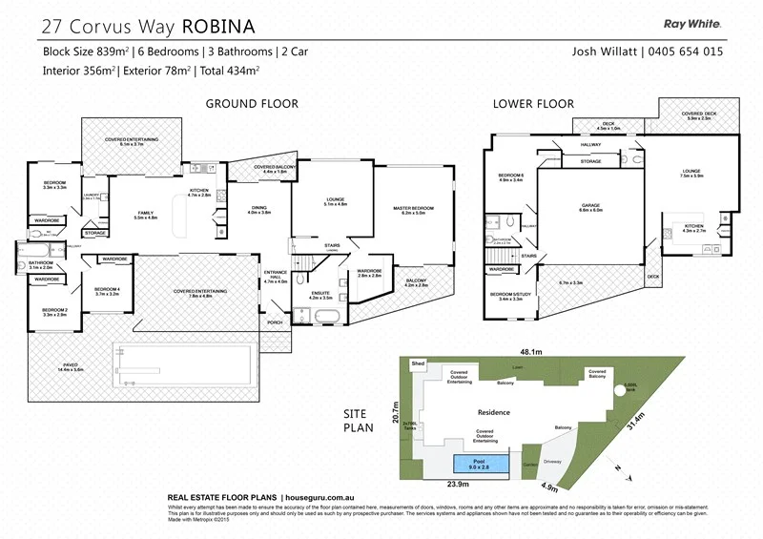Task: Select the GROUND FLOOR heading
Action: click(252, 104)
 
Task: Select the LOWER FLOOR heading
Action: click(533, 104)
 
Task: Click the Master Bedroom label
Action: click(414, 210)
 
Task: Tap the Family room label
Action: click(146, 215)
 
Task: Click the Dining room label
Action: click(259, 209)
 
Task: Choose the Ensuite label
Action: click(319, 296)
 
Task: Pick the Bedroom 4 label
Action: click(107, 292)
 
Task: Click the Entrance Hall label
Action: click(275, 279)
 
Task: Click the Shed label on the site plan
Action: click(417, 363)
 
